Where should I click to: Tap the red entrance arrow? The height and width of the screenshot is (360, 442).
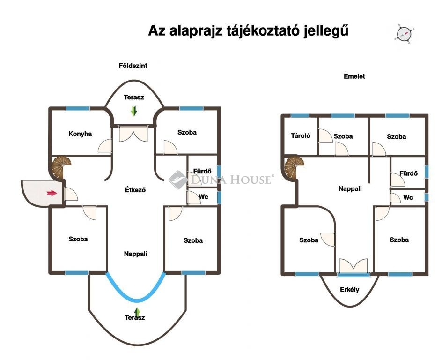pyautogui.click(x=52, y=193)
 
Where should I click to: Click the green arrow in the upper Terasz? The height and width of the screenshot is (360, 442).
pyautogui.click(x=134, y=111)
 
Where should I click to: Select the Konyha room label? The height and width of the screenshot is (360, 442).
pyautogui.click(x=80, y=134)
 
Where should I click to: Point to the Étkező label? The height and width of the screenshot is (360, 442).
pyautogui.click(x=135, y=190)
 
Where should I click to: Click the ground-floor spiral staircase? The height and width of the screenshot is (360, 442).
pyautogui.click(x=60, y=167)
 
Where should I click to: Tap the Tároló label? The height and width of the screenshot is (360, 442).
pyautogui.click(x=301, y=136)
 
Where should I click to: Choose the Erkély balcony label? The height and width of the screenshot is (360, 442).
pyautogui.click(x=350, y=290)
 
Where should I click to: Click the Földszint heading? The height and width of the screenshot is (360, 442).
pyautogui.click(x=133, y=66)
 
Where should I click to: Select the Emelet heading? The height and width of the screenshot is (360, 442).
pyautogui.click(x=354, y=76)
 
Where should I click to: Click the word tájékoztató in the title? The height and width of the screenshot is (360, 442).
pyautogui.click(x=263, y=31)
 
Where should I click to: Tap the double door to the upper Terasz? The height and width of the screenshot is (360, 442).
pyautogui.click(x=133, y=134)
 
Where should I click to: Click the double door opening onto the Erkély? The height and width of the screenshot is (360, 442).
pyautogui.click(x=354, y=266)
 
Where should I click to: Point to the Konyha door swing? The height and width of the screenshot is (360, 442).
pyautogui.click(x=105, y=146)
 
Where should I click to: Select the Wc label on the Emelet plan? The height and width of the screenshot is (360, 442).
pyautogui.click(x=408, y=197)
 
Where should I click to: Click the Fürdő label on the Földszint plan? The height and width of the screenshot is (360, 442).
pyautogui.click(x=202, y=171)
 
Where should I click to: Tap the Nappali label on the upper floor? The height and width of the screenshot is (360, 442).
pyautogui.click(x=350, y=189)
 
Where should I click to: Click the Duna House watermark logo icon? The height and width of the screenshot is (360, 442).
pyautogui.click(x=178, y=180)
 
